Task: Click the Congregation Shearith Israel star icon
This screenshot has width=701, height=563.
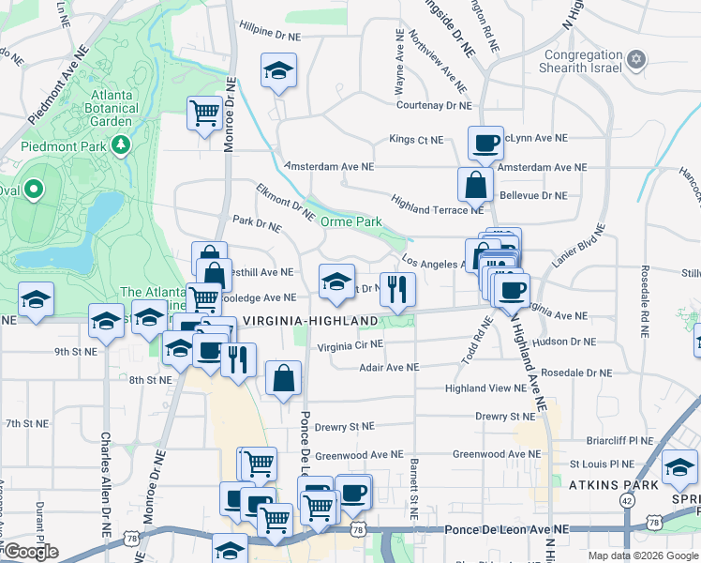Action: coord(636,60)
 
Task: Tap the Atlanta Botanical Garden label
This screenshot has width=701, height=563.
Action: coord(125,107)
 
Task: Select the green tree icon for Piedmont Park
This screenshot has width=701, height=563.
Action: coord(120,145)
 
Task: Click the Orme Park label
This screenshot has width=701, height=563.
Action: coord(351,221)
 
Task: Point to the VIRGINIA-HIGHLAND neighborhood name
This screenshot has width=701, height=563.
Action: coord(310,321)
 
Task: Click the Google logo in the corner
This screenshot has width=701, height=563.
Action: coord(30,552)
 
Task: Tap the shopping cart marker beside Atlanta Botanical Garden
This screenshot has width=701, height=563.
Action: coord(203,114)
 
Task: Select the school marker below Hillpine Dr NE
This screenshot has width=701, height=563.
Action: coord(278,71)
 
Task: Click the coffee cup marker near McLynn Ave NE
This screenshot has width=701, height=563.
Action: coord(485,143)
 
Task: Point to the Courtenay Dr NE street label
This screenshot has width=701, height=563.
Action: coord(433,106)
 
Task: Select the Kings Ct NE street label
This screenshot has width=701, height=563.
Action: coord(416,140)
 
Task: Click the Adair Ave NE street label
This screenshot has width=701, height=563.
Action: coord(389,368)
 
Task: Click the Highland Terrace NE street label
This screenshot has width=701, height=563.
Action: coord(437,204)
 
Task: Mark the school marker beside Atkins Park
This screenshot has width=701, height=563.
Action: coord(679,467)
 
